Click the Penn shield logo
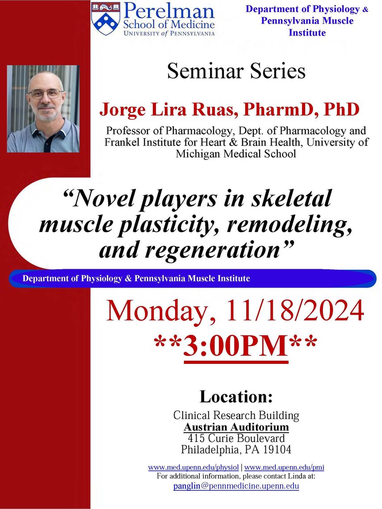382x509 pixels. (x=105, y=18)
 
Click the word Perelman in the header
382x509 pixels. (x=169, y=11)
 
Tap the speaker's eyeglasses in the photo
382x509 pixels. (x=46, y=94)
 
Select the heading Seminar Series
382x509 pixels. (x=236, y=71)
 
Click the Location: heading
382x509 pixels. (x=236, y=396)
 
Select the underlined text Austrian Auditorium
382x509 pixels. (x=236, y=427)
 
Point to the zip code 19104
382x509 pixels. (x=277, y=450)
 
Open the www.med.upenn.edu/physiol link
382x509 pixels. (x=193, y=467)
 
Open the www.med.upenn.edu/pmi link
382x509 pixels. (x=284, y=467)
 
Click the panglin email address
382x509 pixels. (x=236, y=486)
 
